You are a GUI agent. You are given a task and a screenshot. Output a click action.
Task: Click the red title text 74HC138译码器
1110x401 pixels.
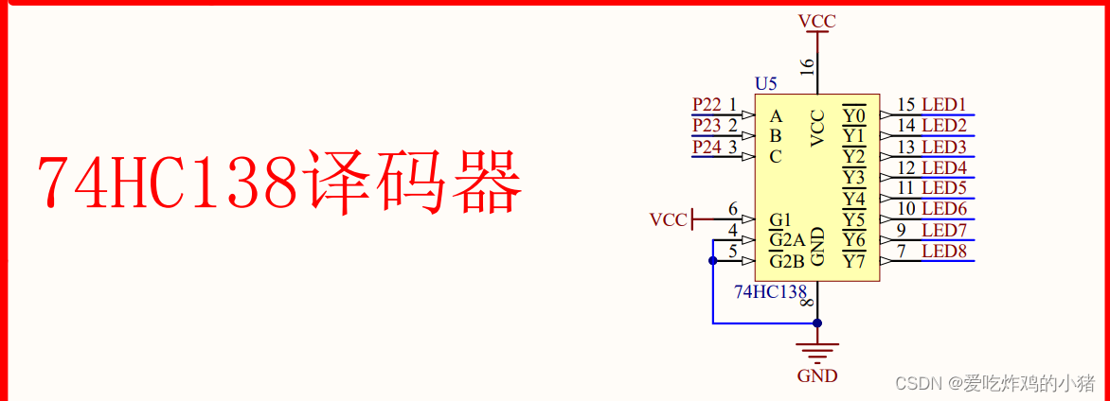(x=279, y=183)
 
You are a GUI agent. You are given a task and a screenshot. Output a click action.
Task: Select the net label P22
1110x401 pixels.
(x=707, y=104)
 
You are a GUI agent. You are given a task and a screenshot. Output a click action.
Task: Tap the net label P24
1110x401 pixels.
(x=707, y=147)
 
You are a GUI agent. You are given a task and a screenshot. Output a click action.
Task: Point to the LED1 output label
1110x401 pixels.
(x=943, y=105)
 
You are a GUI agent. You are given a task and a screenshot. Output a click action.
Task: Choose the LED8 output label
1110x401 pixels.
(x=943, y=252)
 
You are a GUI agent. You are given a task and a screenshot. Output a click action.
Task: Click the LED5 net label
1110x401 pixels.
(x=943, y=188)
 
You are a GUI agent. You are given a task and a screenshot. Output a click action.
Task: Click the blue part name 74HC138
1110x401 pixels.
(x=770, y=291)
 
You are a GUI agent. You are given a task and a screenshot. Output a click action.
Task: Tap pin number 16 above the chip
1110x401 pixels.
(x=807, y=66)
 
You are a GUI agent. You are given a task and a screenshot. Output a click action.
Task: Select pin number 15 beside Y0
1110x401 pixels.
(x=906, y=105)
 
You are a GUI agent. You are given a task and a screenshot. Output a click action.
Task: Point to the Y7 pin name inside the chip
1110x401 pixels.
(x=854, y=261)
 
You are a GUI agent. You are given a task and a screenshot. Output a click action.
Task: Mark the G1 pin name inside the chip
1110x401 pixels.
(x=780, y=220)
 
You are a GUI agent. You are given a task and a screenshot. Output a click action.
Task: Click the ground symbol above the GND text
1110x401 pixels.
(x=817, y=349)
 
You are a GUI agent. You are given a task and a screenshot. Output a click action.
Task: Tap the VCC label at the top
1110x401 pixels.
(x=817, y=21)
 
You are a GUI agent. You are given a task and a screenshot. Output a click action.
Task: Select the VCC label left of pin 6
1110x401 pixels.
(x=668, y=220)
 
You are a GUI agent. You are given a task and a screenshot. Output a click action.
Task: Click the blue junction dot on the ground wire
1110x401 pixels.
(x=817, y=323)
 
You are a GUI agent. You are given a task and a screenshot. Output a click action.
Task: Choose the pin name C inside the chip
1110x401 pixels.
(x=776, y=157)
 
